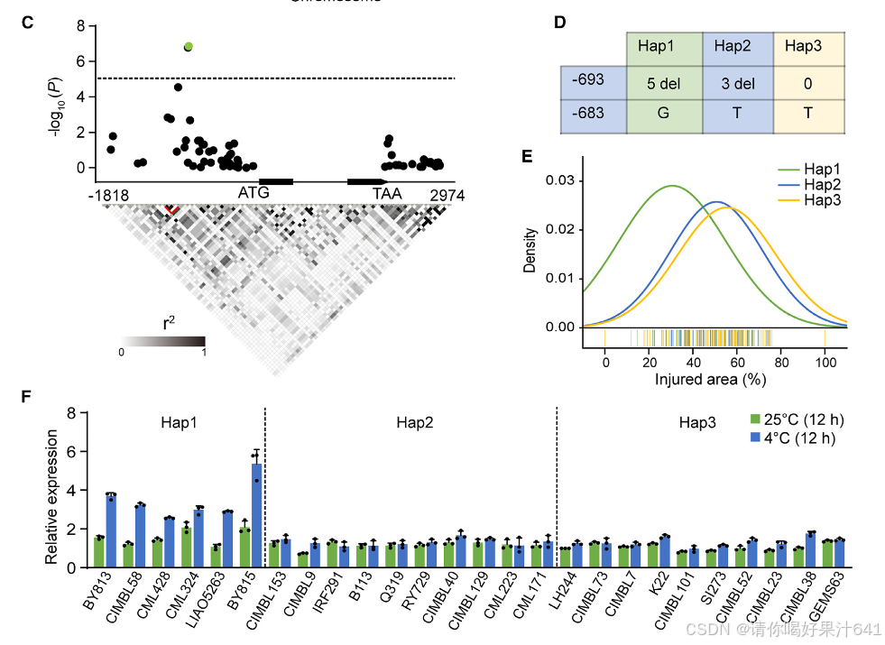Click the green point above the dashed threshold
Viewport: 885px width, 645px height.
[189, 46]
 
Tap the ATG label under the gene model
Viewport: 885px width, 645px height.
[254, 193]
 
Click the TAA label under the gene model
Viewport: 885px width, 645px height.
[389, 193]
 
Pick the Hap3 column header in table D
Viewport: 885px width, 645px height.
[810, 47]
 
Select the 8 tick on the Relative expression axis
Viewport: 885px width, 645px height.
[73, 412]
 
